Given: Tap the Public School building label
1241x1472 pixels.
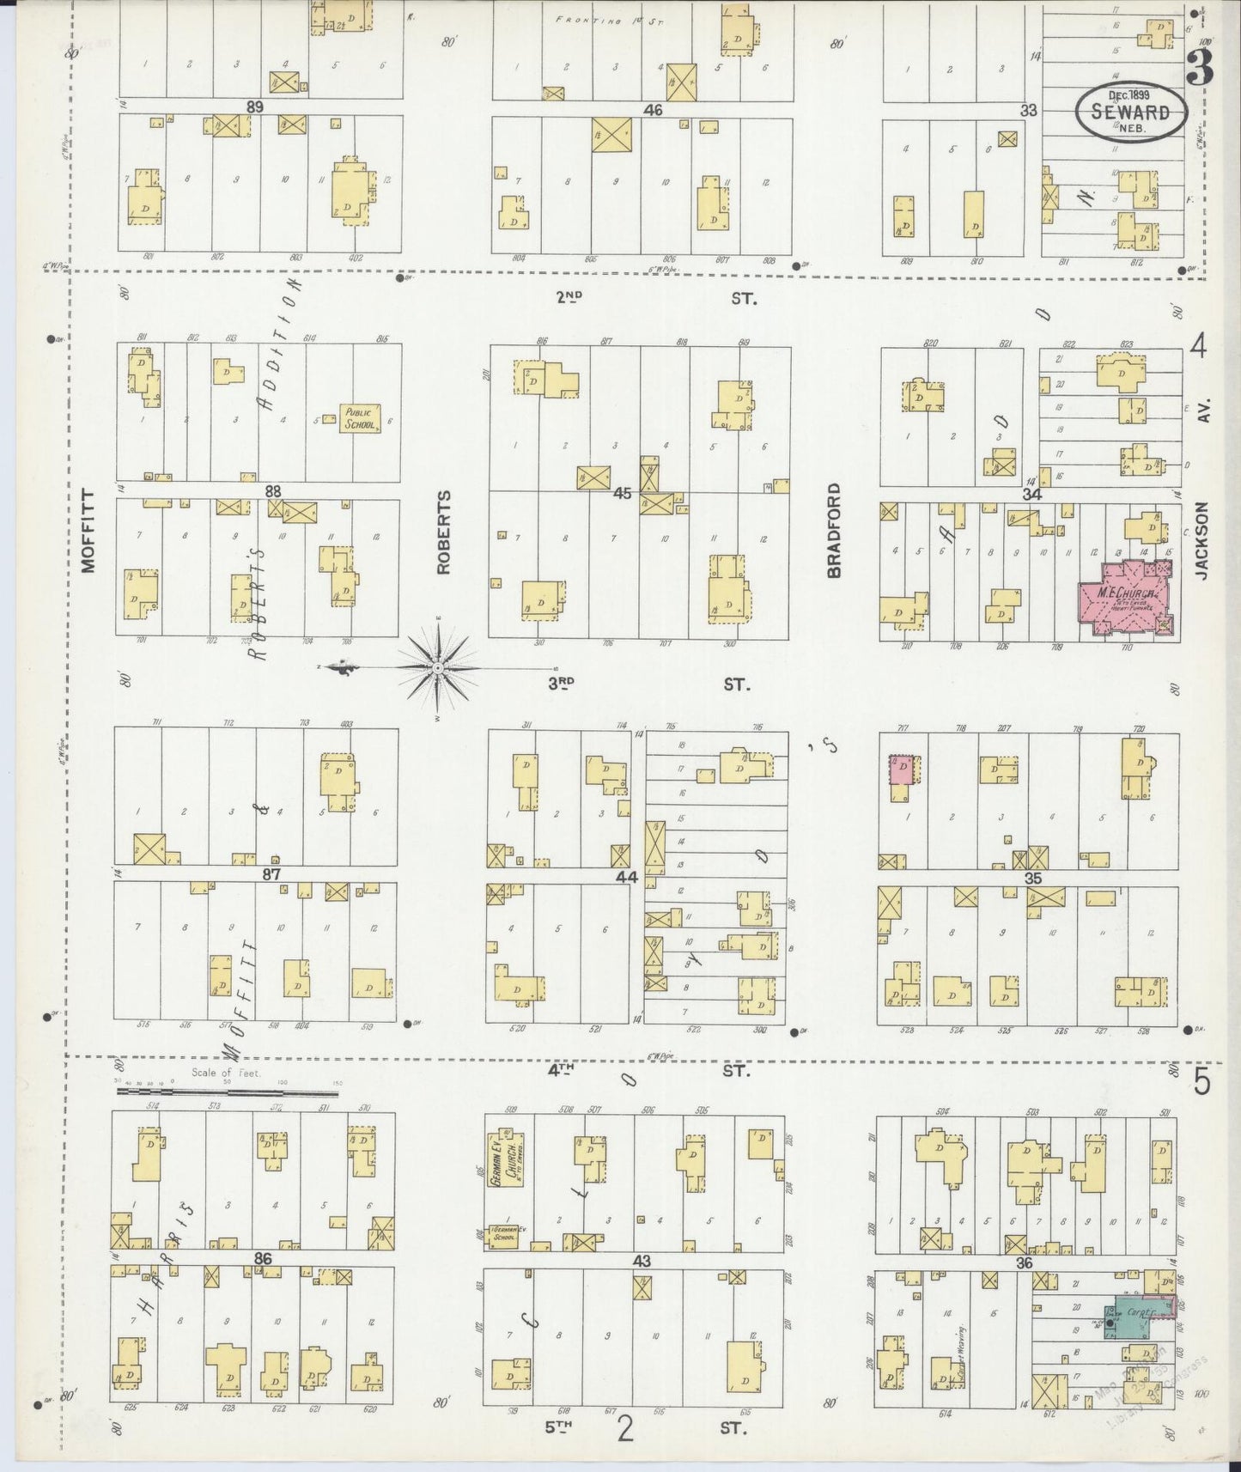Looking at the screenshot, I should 356,418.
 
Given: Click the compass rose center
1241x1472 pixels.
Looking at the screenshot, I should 438,667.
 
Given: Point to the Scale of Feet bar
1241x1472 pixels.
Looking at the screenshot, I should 227,1092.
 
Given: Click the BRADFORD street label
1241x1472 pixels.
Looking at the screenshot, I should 833,530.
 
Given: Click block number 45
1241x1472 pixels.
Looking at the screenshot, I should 623,494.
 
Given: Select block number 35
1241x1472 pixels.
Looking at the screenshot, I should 1032,878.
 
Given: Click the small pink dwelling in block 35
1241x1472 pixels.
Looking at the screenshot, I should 902,769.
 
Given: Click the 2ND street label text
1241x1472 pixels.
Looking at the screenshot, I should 569,298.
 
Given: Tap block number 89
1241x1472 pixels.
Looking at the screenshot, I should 253,106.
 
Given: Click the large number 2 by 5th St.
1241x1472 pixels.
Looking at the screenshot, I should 626,1429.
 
